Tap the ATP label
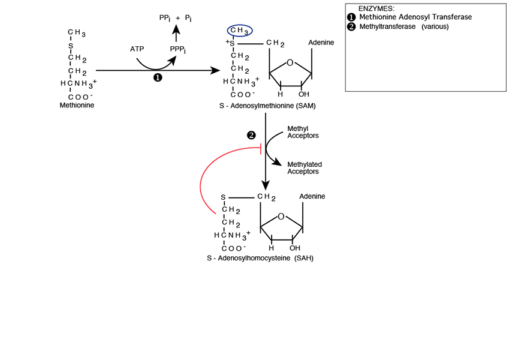coord(137,48)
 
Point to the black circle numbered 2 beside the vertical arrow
coord(252,135)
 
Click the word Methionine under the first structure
coord(77,106)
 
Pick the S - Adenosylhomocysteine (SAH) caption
coord(260,258)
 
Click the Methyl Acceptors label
coord(303,132)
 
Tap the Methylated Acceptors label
coord(305,168)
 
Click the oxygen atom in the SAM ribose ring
coord(290,62)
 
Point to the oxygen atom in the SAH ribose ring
coord(281,216)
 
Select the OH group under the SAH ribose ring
coord(294,247)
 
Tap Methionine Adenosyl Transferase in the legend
coord(415,17)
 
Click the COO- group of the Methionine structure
coord(80,97)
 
